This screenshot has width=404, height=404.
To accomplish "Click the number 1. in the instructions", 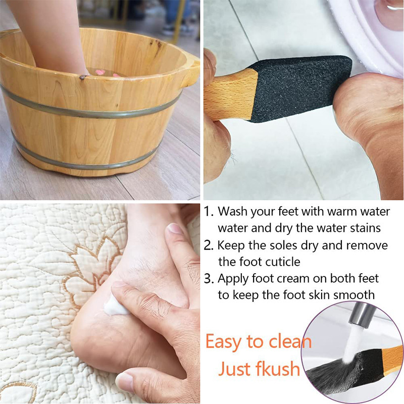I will (x=209, y=211).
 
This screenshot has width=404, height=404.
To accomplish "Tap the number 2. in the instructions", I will (x=209, y=245).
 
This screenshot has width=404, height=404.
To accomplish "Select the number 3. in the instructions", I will (x=209, y=278).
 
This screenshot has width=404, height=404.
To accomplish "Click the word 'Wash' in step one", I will (x=234, y=211).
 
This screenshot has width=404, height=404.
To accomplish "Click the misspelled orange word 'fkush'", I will (x=276, y=369).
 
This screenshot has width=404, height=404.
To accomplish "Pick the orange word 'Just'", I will (x=234, y=369).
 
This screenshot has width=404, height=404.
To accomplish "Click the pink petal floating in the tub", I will (x=99, y=72).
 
